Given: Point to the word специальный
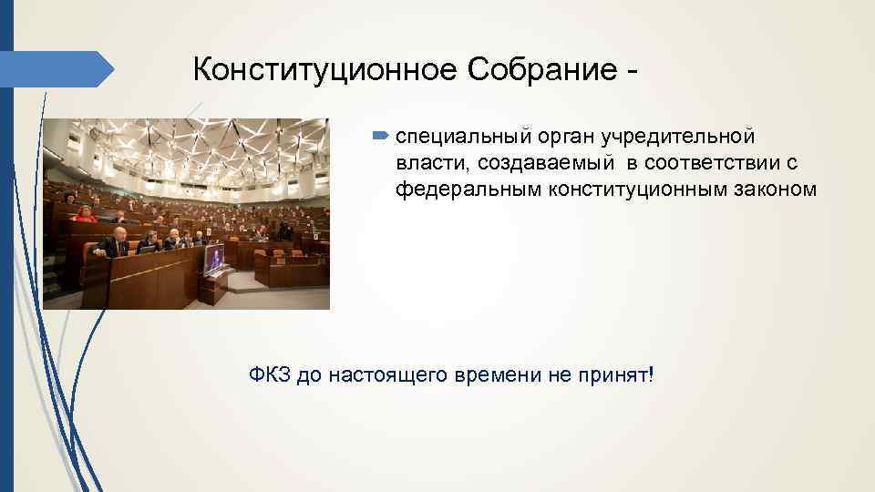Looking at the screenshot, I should click(450, 138).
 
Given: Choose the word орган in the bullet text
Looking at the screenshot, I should click(541, 138).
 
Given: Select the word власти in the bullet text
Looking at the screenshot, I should click(426, 163).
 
